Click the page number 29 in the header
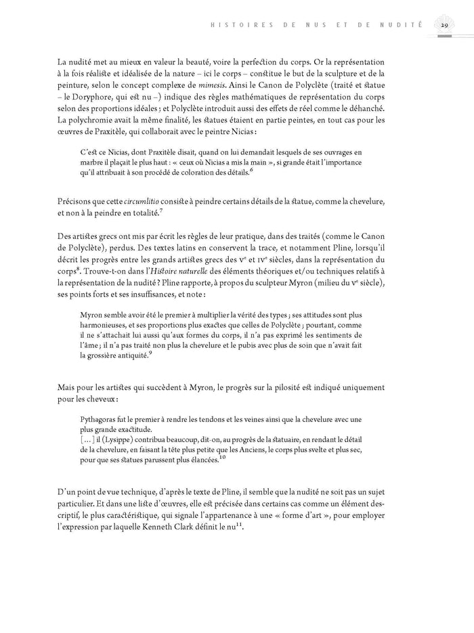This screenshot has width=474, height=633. coord(444,26)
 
